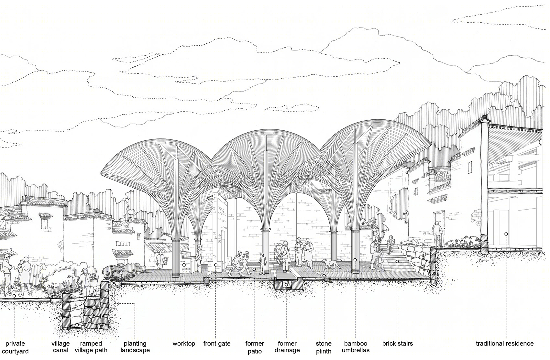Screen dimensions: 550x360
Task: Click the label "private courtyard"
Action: [15, 347]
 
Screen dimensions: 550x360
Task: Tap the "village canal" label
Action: [60, 347]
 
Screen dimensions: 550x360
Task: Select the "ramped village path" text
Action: [91, 347]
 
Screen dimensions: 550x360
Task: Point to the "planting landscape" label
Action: [135, 347]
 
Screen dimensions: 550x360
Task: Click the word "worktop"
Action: [184, 344]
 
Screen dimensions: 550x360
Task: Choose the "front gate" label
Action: [217, 344]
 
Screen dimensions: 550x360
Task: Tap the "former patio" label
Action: [255, 347]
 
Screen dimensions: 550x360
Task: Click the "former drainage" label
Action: [287, 347]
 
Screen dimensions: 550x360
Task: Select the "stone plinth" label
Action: [324, 347]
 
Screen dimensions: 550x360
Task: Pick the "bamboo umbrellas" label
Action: [356, 347]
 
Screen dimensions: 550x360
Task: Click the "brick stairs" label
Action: [398, 344]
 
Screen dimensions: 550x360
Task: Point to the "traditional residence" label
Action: [505, 344]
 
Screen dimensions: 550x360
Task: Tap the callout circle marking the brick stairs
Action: [397, 262]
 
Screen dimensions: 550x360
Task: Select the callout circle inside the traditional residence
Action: [506, 234]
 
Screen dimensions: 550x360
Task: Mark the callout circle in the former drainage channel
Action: [286, 285]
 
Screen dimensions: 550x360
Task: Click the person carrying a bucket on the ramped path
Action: [86, 282]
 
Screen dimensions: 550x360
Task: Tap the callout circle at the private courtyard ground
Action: [14, 296]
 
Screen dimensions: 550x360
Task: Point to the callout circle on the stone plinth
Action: [324, 276]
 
